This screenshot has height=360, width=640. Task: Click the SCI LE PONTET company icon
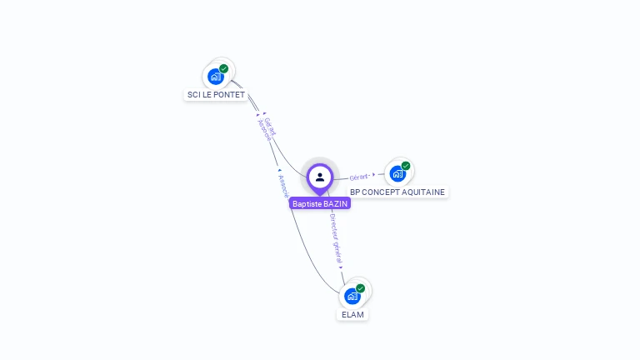click(216, 77)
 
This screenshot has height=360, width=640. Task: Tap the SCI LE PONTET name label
click(215, 95)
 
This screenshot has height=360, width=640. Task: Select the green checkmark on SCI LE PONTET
click(224, 68)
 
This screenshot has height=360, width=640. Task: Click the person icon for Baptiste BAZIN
click(320, 177)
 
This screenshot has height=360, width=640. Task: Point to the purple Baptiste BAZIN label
click(320, 203)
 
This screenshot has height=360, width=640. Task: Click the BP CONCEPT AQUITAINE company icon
click(397, 173)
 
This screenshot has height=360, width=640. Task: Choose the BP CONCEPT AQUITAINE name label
click(397, 192)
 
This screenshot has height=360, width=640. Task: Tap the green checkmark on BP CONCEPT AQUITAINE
click(406, 166)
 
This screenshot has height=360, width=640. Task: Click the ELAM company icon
click(352, 296)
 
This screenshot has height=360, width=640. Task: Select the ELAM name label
click(352, 315)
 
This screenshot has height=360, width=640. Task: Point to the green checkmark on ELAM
click(361, 287)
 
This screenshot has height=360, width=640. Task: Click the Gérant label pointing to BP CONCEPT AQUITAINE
click(359, 177)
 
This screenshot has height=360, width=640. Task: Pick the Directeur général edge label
click(336, 238)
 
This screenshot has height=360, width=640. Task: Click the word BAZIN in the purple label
click(336, 203)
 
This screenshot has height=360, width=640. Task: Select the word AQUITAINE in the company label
click(423, 192)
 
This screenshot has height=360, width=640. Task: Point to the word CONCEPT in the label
click(380, 192)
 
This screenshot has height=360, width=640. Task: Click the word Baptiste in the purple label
click(307, 203)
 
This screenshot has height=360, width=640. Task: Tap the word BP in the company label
click(355, 192)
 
